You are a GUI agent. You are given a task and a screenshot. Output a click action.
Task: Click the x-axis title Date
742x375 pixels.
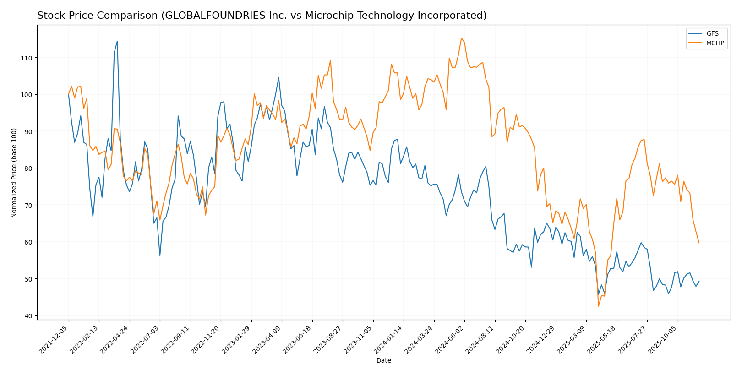(384, 361)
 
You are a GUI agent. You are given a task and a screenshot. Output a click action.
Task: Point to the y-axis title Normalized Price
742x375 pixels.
(14, 173)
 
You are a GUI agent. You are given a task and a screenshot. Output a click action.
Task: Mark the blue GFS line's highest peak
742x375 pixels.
(117, 41)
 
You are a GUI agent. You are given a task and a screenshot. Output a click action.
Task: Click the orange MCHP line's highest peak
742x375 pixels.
(461, 38)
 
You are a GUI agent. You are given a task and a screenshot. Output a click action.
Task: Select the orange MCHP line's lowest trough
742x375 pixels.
(598, 306)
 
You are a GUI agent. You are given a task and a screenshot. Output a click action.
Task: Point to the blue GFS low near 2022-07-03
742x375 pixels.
(160, 255)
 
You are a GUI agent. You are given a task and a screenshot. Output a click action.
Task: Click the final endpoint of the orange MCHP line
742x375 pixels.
(699, 243)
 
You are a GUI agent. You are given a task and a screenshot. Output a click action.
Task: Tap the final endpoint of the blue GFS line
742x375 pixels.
(699, 281)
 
